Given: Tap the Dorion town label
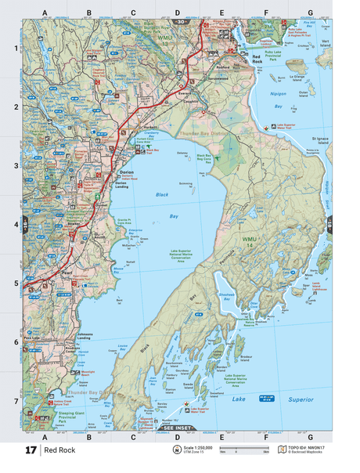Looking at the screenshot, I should coord(128,172).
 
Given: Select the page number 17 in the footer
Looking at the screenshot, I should coord(31,450).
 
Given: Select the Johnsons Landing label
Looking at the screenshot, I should coord(88,337).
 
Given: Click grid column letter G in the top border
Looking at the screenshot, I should coord(310,13).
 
